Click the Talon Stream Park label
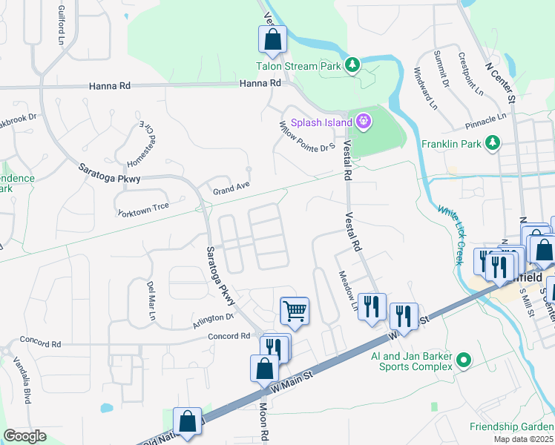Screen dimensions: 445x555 pos(311,66)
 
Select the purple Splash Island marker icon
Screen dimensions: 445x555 pos(364,121)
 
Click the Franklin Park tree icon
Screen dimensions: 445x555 pos(491,143)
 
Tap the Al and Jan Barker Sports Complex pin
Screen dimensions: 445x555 pos(464,360)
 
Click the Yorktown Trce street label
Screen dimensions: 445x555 pos(143,209)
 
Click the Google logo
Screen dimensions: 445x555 pos(24,436)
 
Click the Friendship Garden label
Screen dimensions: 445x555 pos(511,426)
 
